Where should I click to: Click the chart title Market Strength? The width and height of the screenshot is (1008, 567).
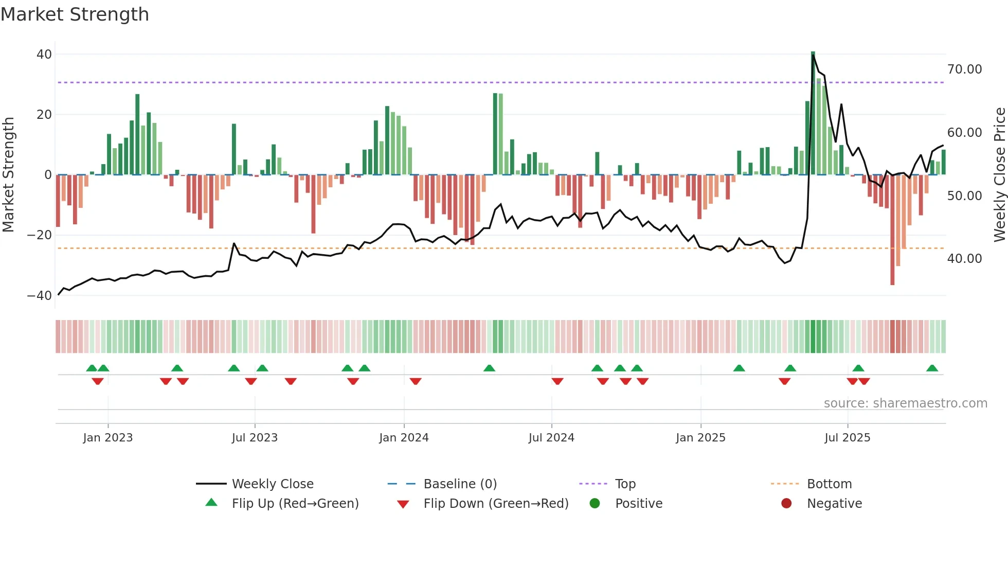click(75, 14)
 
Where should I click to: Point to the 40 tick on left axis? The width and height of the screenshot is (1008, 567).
click(44, 54)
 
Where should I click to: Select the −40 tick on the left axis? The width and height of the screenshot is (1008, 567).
click(40, 296)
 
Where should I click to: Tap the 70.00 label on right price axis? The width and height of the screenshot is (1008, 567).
click(964, 69)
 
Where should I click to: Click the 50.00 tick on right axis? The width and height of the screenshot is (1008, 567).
click(964, 196)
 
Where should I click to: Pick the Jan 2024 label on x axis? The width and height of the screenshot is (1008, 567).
click(404, 438)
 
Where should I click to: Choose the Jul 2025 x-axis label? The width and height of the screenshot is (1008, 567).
click(847, 438)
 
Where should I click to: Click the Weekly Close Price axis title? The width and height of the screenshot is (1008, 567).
click(999, 175)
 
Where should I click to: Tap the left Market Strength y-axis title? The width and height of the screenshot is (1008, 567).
click(9, 175)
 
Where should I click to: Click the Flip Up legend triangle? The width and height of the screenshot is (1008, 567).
click(211, 503)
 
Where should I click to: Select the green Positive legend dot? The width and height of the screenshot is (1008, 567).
click(595, 504)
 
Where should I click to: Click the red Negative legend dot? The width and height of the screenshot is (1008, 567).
click(786, 504)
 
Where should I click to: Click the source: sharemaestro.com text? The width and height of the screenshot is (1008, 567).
click(905, 403)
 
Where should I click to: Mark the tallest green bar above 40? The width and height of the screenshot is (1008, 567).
click(813, 113)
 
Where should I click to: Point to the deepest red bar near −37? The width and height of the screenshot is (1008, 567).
click(892, 232)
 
